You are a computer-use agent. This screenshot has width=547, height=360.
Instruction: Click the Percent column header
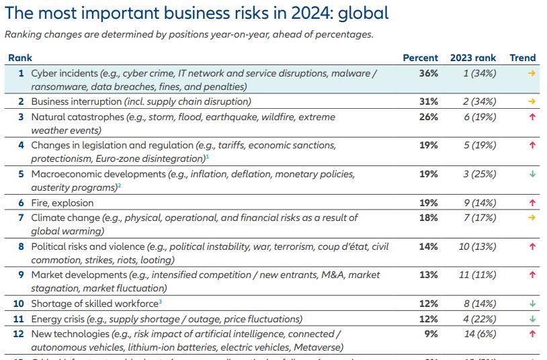[x=420, y=58]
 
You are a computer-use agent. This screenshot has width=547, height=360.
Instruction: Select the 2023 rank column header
[x=472, y=58]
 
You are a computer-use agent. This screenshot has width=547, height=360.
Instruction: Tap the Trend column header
[x=523, y=58]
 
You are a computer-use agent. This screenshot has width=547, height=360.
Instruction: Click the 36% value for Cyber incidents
[x=428, y=73]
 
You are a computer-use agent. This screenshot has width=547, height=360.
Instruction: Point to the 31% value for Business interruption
[x=428, y=101]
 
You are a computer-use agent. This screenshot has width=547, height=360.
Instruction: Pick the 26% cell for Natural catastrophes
[x=428, y=117]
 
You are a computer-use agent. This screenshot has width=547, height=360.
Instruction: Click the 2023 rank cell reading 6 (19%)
[x=479, y=117]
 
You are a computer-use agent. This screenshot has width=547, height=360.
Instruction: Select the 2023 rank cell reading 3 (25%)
[x=479, y=174]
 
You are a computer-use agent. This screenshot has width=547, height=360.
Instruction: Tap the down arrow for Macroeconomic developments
[x=532, y=174]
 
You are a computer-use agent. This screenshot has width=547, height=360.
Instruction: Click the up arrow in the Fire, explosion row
[x=532, y=203]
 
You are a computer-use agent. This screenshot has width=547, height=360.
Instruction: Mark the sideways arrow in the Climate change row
[x=532, y=218]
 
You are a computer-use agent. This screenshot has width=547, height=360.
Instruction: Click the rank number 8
[x=22, y=246]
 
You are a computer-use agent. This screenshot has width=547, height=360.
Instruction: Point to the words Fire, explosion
[x=62, y=203]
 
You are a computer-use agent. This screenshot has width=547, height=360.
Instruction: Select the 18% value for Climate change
[x=428, y=218]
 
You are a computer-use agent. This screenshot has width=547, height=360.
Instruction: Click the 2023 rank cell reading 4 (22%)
[x=479, y=319]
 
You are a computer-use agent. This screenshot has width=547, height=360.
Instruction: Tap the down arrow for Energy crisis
[x=532, y=319]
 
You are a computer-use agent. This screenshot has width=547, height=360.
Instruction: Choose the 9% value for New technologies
[x=431, y=334]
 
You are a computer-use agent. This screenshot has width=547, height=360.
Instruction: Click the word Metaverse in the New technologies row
[x=320, y=347]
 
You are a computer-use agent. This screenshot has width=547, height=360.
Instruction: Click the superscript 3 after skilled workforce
[x=160, y=302]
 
